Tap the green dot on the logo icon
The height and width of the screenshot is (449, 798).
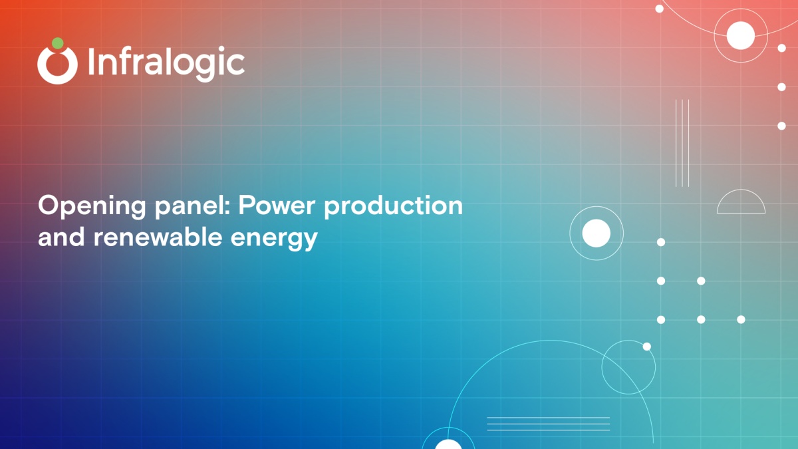(x=58, y=43)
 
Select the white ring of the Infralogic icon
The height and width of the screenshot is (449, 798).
(x=57, y=65)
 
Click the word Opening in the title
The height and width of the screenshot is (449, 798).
(x=92, y=206)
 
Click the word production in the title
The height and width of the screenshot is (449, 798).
(x=393, y=206)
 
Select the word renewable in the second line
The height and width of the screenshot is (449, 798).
(x=158, y=237)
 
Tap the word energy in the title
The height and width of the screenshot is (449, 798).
(x=274, y=239)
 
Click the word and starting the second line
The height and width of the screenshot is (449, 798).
(x=61, y=237)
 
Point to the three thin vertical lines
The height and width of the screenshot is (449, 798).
(x=682, y=143)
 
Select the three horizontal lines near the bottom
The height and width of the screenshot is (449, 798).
(x=548, y=424)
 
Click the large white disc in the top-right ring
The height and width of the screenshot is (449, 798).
(x=741, y=35)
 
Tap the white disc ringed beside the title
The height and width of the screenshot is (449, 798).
(x=597, y=233)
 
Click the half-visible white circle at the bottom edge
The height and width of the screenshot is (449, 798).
(x=448, y=444)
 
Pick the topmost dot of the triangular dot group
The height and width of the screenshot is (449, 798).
(x=661, y=242)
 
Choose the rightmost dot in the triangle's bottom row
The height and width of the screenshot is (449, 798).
(x=741, y=320)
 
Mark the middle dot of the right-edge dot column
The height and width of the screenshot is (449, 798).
(x=781, y=87)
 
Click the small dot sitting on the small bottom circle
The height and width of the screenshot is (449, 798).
(x=647, y=347)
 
